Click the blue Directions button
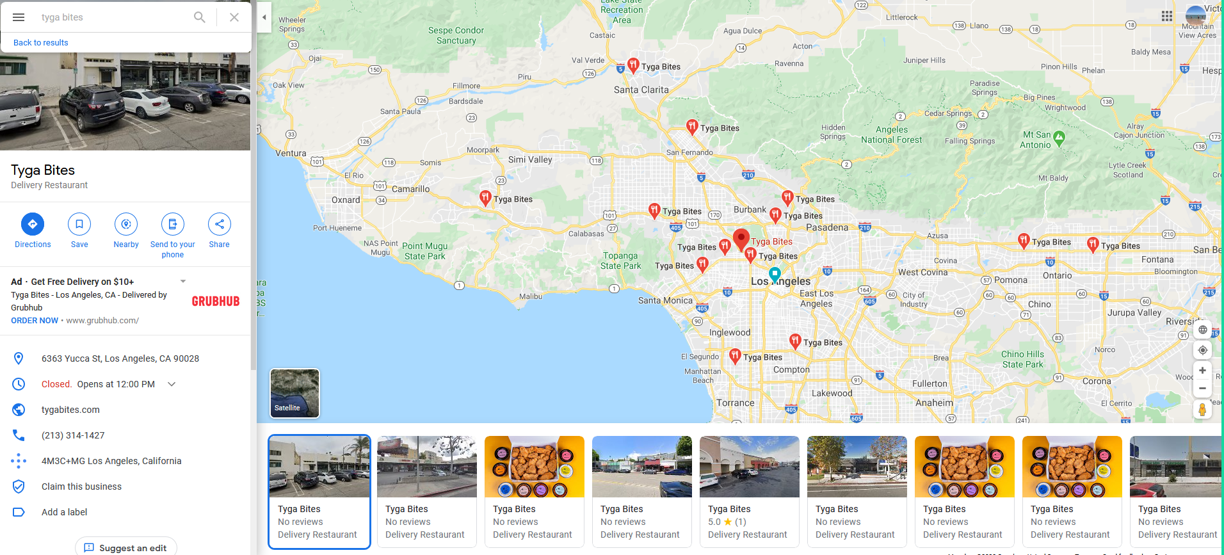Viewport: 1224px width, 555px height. coord(33,224)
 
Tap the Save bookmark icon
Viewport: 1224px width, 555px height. coord(79,224)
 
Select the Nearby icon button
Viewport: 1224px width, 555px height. coord(126,224)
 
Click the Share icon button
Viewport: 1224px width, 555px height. coord(220,224)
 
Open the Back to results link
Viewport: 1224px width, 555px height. coord(41,43)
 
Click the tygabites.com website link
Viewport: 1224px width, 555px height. coord(70,410)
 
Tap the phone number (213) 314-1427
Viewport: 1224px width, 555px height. coord(73,435)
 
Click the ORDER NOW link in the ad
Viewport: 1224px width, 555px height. coord(35,321)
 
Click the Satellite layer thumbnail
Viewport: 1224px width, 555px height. coord(294,393)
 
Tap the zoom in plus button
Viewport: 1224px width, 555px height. coord(1202,371)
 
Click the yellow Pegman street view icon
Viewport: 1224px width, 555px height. coord(1202,410)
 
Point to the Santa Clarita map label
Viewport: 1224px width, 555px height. coord(641,90)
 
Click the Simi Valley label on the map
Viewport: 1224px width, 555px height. coord(530,159)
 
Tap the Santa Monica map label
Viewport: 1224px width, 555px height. coord(665,300)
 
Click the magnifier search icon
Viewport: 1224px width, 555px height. coord(200,17)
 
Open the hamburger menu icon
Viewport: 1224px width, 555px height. coord(19,17)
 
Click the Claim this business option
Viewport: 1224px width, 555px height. coord(81,487)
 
